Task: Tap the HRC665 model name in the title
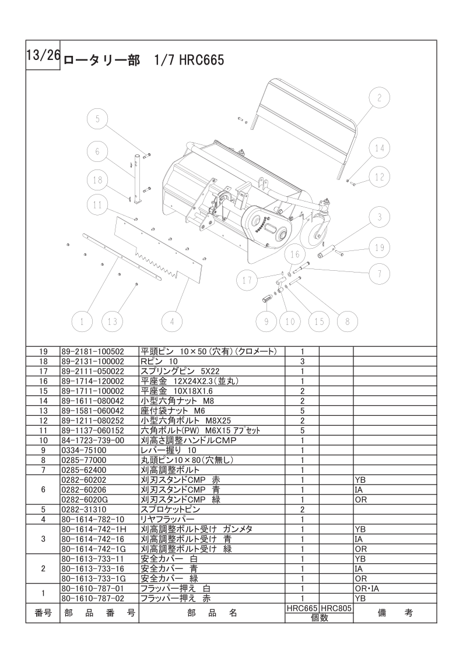pos(201,60)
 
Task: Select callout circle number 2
pos(379,98)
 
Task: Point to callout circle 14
pos(380,149)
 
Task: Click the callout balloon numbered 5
pos(98,119)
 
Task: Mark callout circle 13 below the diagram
pos(112,321)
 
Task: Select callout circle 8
pos(347,321)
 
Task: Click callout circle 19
pos(380,248)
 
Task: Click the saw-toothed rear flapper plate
pos(157,250)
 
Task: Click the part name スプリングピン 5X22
pos(170,371)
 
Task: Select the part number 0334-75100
pos(85,450)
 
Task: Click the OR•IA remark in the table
pos(367,588)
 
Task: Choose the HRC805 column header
pos(336,607)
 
